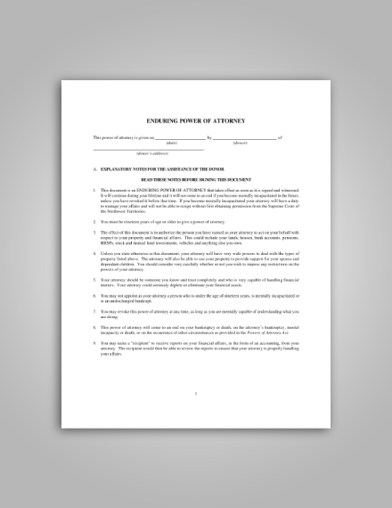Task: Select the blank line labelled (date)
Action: [x=179, y=137]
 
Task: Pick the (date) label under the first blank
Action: [x=172, y=143]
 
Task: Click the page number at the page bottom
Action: [x=195, y=392]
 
